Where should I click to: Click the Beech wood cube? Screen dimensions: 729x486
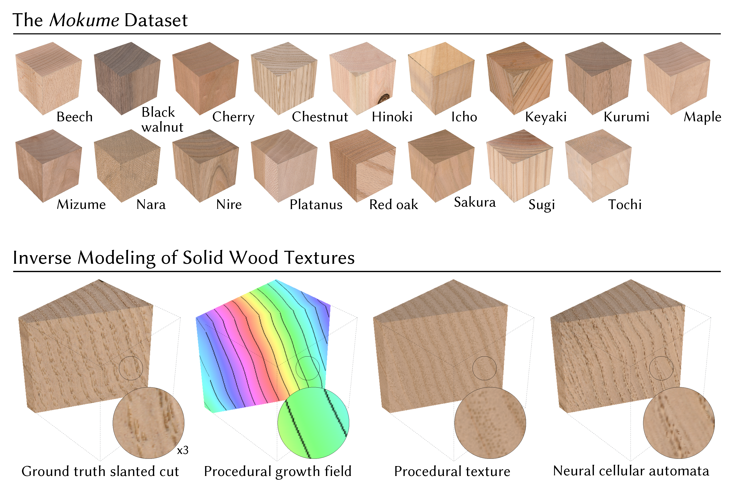click(48, 78)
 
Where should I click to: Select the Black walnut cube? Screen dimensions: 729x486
click(127, 78)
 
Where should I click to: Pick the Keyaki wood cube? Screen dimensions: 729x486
click(520, 78)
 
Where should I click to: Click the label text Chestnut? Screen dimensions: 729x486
click(320, 117)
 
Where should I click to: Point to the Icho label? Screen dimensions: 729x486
click(464, 117)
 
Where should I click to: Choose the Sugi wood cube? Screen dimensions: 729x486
click(520, 166)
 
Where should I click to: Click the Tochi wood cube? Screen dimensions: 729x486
click(598, 166)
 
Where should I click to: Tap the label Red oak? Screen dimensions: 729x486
click(394, 205)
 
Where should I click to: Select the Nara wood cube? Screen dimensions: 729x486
click(127, 166)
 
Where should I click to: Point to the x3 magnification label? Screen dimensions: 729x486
click(182, 450)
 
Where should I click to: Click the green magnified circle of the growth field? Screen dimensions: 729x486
click(313, 423)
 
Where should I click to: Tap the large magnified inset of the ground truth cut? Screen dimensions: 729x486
click(149, 423)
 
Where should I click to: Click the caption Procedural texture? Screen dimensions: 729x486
click(452, 471)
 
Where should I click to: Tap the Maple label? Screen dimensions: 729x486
click(702, 117)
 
